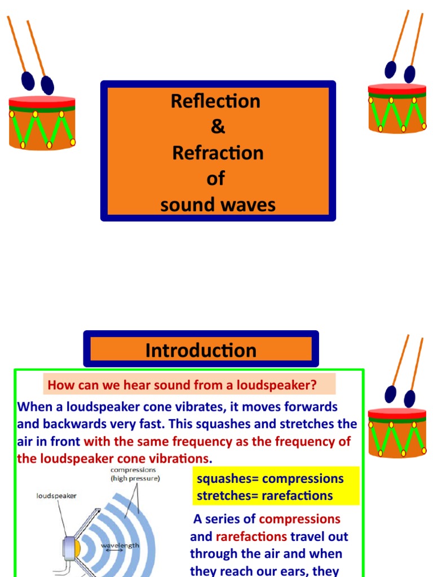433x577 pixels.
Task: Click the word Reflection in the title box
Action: tap(216, 101)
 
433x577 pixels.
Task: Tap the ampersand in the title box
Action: tap(218, 127)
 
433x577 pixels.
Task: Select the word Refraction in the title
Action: tap(218, 153)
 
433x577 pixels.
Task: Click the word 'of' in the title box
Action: tap(216, 179)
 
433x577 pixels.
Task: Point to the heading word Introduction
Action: tap(201, 350)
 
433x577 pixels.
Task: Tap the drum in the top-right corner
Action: tap(397, 108)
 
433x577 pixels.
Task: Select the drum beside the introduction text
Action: tap(397, 432)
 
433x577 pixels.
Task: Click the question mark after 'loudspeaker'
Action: tap(313, 386)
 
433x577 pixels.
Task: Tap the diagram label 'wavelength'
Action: tap(120, 545)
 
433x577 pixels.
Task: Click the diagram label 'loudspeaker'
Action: tap(56, 496)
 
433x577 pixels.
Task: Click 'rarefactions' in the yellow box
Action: tap(298, 496)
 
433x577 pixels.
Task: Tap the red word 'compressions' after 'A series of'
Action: tap(299, 519)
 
